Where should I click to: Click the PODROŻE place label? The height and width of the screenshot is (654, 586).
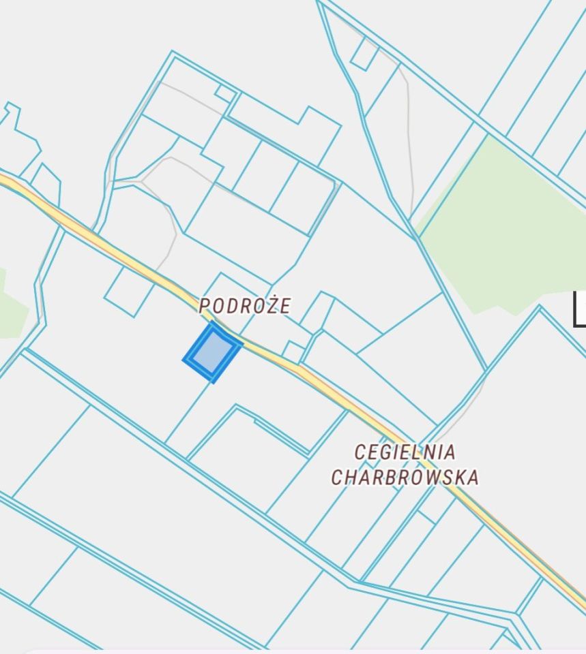[245, 306]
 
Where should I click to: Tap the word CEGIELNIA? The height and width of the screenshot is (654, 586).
[405, 452]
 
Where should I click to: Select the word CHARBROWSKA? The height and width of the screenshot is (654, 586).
[405, 477]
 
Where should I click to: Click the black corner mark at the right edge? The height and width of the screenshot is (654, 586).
[579, 310]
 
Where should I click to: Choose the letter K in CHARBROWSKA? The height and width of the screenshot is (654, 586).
[458, 477]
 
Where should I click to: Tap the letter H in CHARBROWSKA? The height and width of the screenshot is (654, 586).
[353, 477]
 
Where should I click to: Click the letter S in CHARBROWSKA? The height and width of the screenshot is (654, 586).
[445, 477]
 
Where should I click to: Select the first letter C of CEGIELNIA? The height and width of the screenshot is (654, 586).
[361, 452]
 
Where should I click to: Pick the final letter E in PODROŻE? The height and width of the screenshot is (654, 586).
[284, 306]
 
